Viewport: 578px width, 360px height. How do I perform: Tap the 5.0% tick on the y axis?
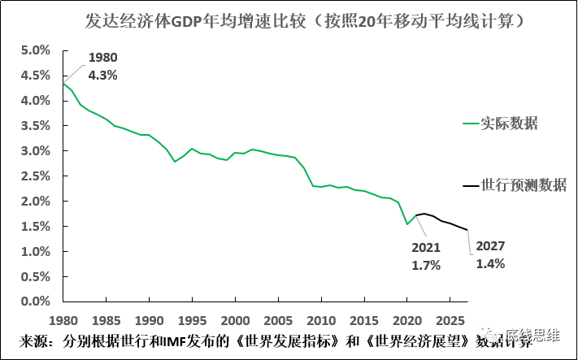click(x=34, y=50)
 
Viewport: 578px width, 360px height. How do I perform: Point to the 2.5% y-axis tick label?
click(x=34, y=176)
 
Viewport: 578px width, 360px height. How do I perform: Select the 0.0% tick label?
click(x=34, y=301)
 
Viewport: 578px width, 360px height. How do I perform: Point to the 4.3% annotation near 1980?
click(x=102, y=75)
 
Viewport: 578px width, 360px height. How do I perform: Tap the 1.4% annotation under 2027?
click(x=490, y=263)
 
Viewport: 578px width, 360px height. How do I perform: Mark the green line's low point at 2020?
click(x=406, y=223)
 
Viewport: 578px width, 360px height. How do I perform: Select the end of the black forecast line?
click(x=467, y=230)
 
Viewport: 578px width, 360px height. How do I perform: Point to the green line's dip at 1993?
click(x=174, y=162)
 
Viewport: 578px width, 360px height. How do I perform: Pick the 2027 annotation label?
click(x=490, y=246)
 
